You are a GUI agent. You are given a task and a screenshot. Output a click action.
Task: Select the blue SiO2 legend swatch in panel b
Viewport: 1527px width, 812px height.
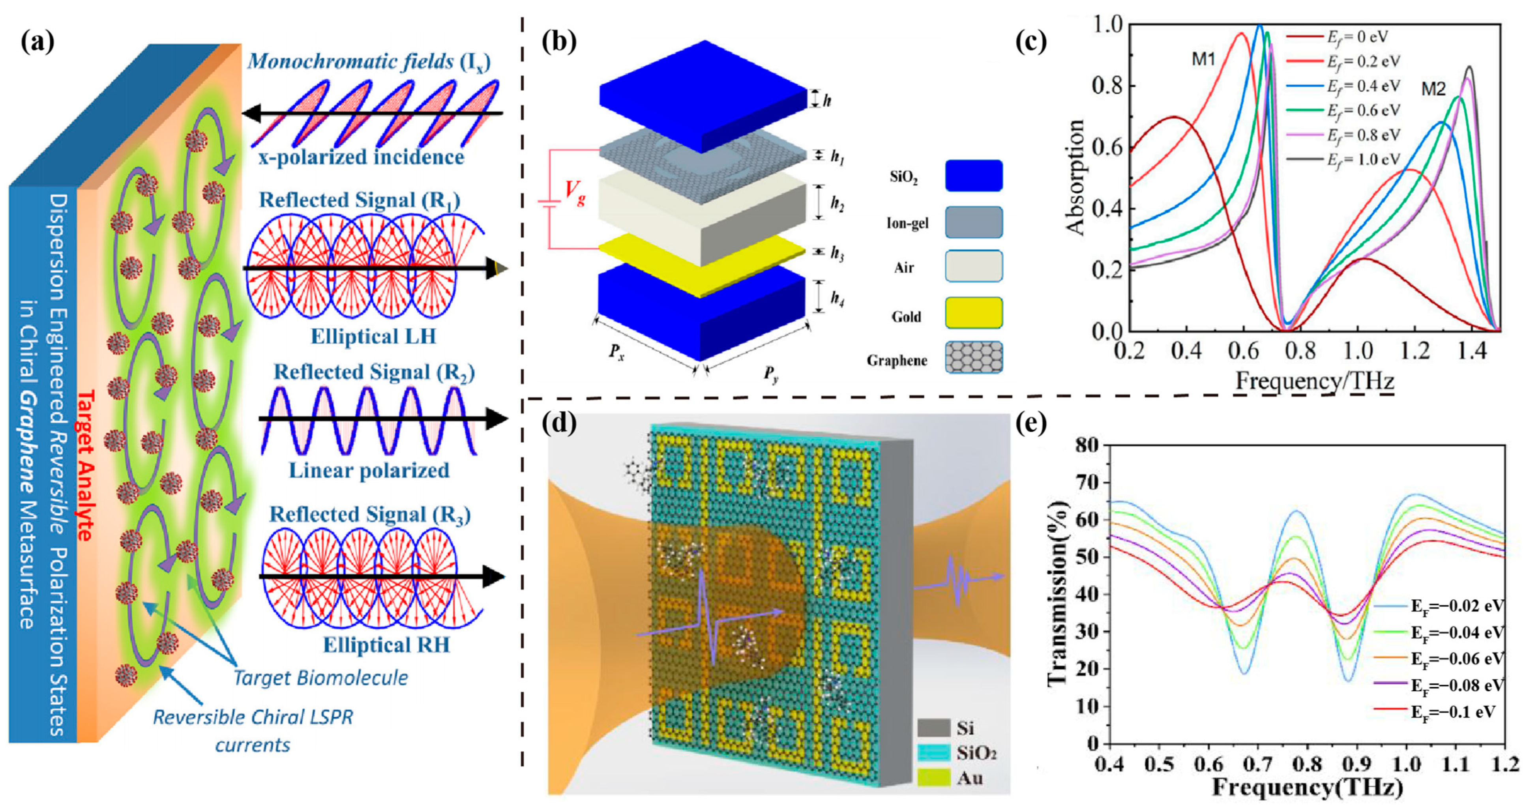click(x=973, y=176)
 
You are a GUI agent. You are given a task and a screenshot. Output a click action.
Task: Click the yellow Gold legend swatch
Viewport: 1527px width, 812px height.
click(x=973, y=313)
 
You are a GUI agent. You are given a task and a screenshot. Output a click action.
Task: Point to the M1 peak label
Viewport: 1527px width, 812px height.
click(x=1204, y=59)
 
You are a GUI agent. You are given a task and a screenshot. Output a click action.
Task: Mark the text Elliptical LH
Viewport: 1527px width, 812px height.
click(x=373, y=337)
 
